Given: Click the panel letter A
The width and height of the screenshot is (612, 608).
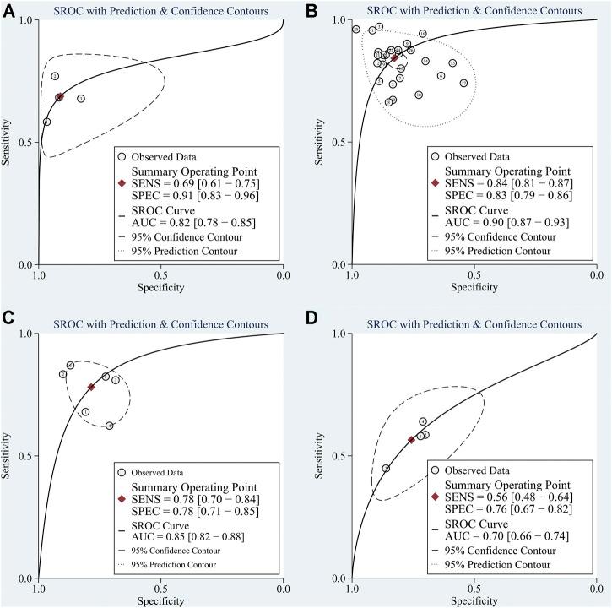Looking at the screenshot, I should click(x=8, y=11).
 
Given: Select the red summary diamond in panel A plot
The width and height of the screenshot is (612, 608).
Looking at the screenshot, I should click(x=59, y=97).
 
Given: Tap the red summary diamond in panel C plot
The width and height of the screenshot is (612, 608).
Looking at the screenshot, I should click(x=91, y=387).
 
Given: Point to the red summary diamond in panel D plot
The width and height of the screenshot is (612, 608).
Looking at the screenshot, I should click(x=411, y=440).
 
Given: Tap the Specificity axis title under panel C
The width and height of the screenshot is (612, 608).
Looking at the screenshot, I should click(x=160, y=600).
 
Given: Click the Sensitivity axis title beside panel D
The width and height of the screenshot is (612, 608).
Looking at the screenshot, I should click(x=321, y=456).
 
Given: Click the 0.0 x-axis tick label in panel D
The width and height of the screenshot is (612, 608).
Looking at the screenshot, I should click(x=597, y=589).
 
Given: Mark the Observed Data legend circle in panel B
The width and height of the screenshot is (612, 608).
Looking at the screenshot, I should click(x=436, y=156).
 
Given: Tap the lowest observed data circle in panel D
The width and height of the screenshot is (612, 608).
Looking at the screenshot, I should click(x=386, y=468).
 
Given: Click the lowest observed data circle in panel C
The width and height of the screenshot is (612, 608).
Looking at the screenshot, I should click(x=110, y=426).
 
